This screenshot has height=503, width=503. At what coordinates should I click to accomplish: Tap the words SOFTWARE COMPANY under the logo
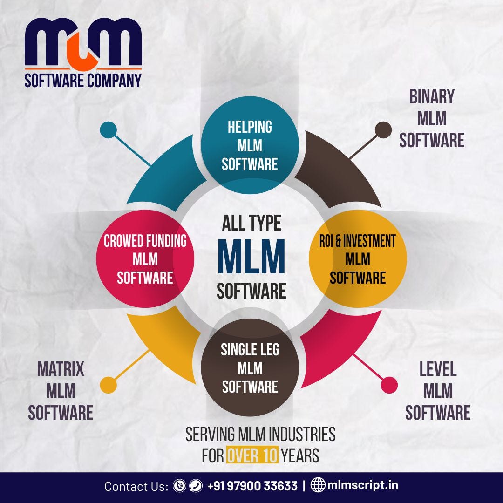click(83, 80)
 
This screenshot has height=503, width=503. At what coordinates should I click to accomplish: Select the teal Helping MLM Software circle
click(250, 145)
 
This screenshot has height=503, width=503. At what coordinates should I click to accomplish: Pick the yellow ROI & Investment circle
click(358, 259)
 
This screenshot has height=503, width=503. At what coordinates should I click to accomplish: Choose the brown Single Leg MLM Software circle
click(250, 368)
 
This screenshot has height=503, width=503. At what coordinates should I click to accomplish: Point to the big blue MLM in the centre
click(251, 258)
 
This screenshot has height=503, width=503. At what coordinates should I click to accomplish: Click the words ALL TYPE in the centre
click(251, 224)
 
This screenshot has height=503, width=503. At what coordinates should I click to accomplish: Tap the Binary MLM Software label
click(432, 118)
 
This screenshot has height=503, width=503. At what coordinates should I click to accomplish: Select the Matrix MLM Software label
click(61, 391)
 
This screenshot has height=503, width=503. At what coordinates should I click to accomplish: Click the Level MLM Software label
click(438, 391)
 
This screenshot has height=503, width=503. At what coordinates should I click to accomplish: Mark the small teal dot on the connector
click(109, 130)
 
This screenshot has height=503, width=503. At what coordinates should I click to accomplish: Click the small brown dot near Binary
click(383, 130)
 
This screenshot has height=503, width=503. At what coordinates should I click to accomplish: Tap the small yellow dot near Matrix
click(109, 385)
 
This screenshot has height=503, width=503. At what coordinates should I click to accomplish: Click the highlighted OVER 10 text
click(252, 455)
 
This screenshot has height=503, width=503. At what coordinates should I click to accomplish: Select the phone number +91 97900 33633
click(252, 486)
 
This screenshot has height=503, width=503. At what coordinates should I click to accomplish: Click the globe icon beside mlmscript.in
click(318, 486)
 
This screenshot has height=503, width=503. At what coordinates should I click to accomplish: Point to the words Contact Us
click(136, 486)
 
